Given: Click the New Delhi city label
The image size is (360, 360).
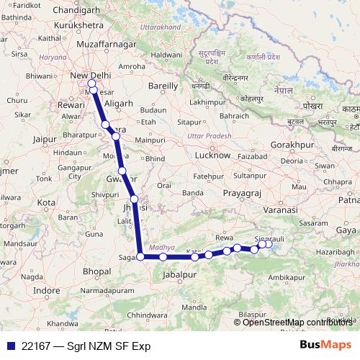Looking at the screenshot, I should point(90,76).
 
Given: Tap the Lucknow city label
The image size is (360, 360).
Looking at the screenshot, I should point(213,155).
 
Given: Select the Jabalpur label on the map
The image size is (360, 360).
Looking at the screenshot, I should point(180,275).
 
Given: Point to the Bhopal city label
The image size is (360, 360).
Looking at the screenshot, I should point(96,271).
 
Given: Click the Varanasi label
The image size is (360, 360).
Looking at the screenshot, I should point(282,209).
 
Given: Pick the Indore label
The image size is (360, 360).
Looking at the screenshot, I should point(47,290).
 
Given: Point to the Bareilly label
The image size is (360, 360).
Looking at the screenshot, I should point(163,86).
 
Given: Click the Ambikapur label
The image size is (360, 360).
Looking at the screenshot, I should point(287,276).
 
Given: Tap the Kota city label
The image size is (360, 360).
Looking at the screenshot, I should point(46,203).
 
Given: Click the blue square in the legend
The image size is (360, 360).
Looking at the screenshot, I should point(9,346).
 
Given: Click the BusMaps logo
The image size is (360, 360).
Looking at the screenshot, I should point(325,345).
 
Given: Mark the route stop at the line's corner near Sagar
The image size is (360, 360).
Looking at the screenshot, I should point(140,256).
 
